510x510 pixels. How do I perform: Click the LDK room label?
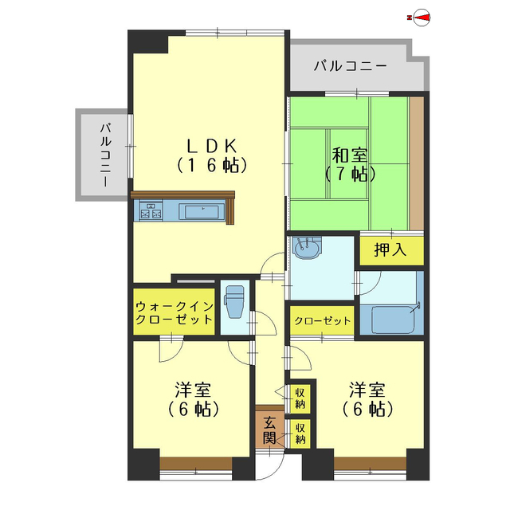[211, 145]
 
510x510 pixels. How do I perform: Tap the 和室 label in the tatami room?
[349, 153]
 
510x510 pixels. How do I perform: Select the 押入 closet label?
[390, 249]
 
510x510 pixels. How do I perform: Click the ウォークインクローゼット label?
[174, 312]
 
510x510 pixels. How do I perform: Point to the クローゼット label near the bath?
[322, 321]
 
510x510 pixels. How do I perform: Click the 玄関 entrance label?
[270, 430]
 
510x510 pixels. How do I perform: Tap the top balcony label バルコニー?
[350, 66]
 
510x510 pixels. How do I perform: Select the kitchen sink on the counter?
[202, 212]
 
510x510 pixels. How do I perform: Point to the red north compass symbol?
[419, 18]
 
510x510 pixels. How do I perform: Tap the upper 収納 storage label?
[300, 397]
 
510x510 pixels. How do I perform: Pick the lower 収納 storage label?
[300, 433]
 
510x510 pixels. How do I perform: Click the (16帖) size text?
[211, 166]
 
